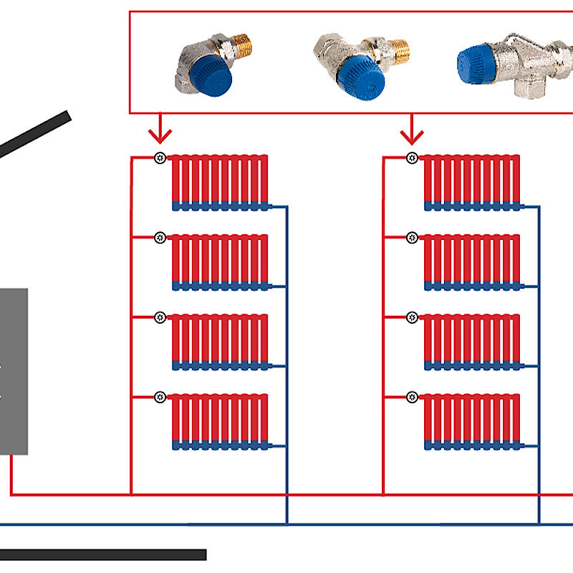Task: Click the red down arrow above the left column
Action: (160, 132)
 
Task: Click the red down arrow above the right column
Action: (412, 132)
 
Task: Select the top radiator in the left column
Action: (220, 182)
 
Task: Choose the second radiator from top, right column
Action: (472, 262)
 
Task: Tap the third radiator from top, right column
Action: (472, 342)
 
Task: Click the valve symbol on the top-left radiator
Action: (160, 158)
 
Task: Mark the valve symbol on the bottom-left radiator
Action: (160, 396)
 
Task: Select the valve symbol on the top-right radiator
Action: (412, 158)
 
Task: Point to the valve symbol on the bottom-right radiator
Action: (412, 396)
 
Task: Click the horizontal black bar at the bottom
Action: (103, 554)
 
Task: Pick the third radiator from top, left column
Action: (220, 342)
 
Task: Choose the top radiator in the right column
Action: (472, 182)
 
